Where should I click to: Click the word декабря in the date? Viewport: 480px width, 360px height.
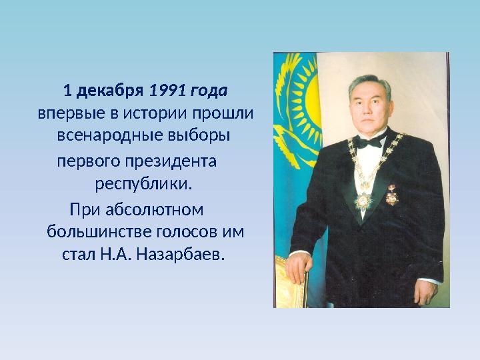109,90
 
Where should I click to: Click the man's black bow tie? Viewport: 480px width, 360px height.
370,142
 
